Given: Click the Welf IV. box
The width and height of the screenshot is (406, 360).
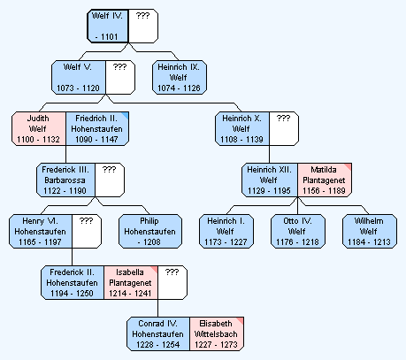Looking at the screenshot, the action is click(108, 26).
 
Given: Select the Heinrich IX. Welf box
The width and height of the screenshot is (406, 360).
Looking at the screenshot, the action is click(180, 77).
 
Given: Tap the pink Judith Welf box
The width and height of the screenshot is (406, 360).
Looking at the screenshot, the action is click(39, 128).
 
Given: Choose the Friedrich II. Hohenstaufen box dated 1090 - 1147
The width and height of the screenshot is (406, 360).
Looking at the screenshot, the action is click(97, 128).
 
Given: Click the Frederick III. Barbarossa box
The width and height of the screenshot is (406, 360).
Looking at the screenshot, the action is click(65, 180).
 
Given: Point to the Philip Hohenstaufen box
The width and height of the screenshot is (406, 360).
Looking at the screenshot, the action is click(150, 231).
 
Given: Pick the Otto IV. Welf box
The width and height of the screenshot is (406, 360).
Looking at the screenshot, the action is click(298, 231).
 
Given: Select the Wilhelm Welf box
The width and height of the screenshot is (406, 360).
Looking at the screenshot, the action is click(370, 231).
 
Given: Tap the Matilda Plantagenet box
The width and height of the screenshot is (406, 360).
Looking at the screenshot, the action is click(325, 180).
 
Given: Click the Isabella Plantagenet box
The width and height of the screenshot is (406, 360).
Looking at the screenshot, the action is click(131, 282).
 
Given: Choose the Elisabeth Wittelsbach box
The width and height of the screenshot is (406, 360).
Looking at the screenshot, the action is click(217, 333).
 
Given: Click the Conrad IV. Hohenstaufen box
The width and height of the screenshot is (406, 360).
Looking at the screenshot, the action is click(158, 333).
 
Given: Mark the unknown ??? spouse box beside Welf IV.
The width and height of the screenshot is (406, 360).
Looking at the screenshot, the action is click(143, 26).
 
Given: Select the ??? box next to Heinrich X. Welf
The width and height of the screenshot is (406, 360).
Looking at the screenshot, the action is click(284, 128).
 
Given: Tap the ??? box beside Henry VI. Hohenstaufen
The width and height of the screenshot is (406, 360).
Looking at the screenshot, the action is click(87, 231).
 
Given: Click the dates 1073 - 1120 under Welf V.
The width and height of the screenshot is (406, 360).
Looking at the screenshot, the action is click(78, 88).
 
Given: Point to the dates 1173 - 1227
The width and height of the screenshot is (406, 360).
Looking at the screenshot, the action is click(226, 242).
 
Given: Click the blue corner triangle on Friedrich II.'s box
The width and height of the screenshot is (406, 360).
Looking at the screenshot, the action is click(126, 115).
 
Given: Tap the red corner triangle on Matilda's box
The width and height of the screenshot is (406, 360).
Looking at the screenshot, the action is click(349, 166).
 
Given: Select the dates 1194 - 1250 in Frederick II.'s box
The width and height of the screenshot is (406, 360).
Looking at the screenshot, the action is click(72, 294).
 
